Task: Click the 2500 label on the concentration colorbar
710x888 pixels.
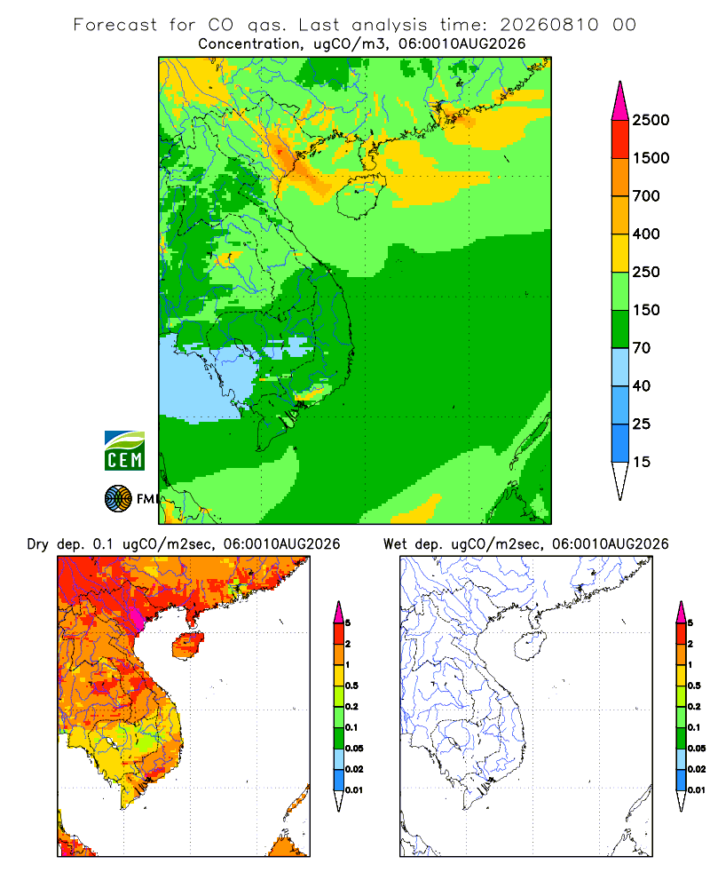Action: click(651, 120)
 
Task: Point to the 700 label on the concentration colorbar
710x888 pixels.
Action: click(646, 196)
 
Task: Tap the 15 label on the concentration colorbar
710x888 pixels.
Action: click(642, 462)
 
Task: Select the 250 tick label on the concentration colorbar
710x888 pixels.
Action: click(646, 272)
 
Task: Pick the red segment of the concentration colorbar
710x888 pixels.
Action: click(620, 139)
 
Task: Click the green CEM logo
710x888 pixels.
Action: click(124, 451)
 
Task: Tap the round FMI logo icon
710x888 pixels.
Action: click(118, 498)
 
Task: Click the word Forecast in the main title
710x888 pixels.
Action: click(115, 25)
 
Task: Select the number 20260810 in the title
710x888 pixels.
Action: click(548, 25)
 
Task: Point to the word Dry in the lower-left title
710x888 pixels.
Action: click(38, 544)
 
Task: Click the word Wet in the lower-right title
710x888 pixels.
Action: click(395, 544)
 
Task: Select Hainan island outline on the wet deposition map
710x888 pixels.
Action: click(530, 646)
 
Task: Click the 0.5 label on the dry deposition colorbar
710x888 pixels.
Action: click(351, 686)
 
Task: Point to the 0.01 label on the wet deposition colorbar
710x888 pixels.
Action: click(697, 790)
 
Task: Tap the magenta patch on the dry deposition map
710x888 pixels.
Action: click(138, 620)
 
